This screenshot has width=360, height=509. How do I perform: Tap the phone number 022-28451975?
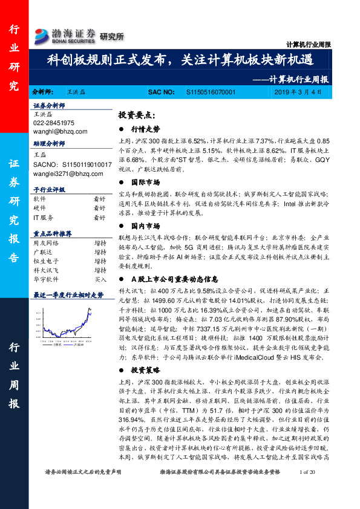pos(54,123)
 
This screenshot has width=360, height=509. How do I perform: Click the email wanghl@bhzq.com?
pos(60,131)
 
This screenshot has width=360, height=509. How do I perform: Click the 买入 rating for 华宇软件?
pos(100,280)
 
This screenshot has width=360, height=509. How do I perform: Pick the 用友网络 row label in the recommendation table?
pos(45,242)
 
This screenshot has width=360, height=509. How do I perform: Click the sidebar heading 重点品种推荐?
pos(53,233)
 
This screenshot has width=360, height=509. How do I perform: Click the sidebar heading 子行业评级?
pos(48,190)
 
